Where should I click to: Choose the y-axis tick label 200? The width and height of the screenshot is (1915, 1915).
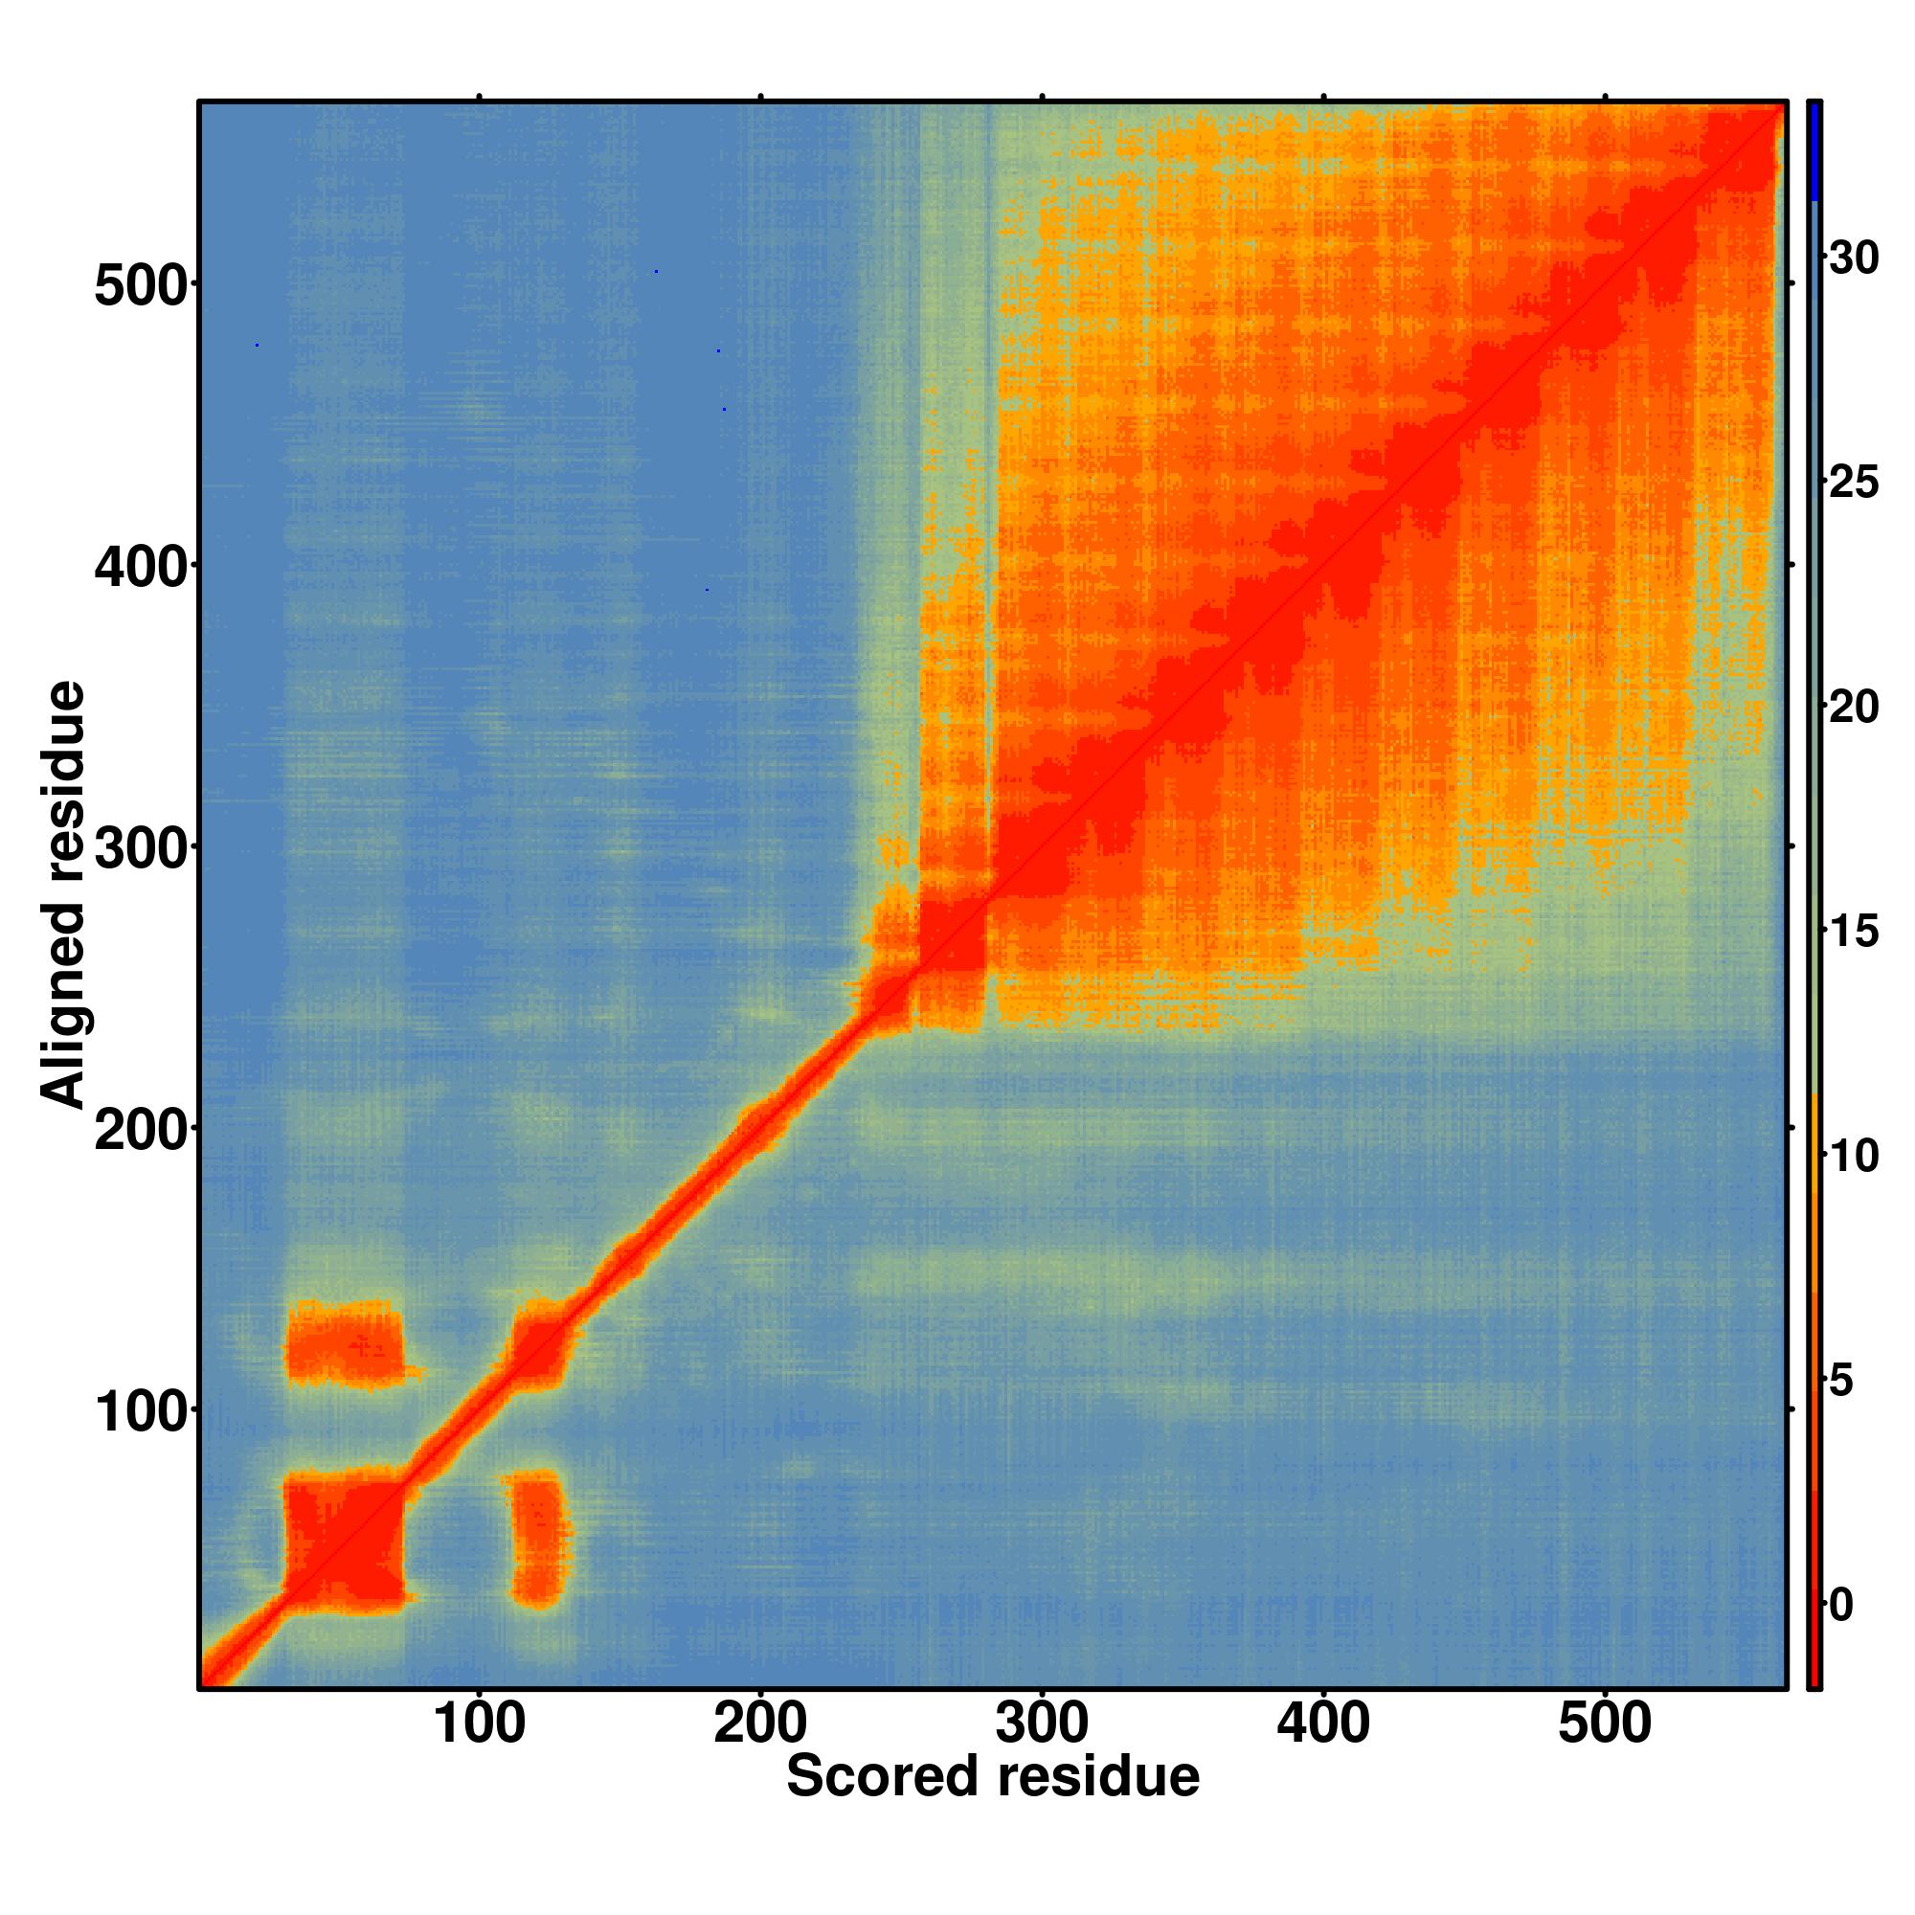tap(141, 1132)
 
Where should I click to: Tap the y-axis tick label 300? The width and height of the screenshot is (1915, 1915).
tap(141, 850)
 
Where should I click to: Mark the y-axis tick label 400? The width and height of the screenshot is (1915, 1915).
tap(141, 569)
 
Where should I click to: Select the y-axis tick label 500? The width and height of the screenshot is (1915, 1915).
tap(141, 288)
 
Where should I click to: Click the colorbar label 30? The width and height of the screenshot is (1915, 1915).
tap(1854, 259)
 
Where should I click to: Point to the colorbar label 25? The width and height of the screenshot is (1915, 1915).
tap(1854, 484)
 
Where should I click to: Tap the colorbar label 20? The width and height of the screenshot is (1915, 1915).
tap(1854, 708)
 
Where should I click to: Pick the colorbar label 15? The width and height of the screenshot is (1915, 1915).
tap(1854, 932)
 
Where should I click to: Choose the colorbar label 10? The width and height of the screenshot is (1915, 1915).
tap(1854, 1157)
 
